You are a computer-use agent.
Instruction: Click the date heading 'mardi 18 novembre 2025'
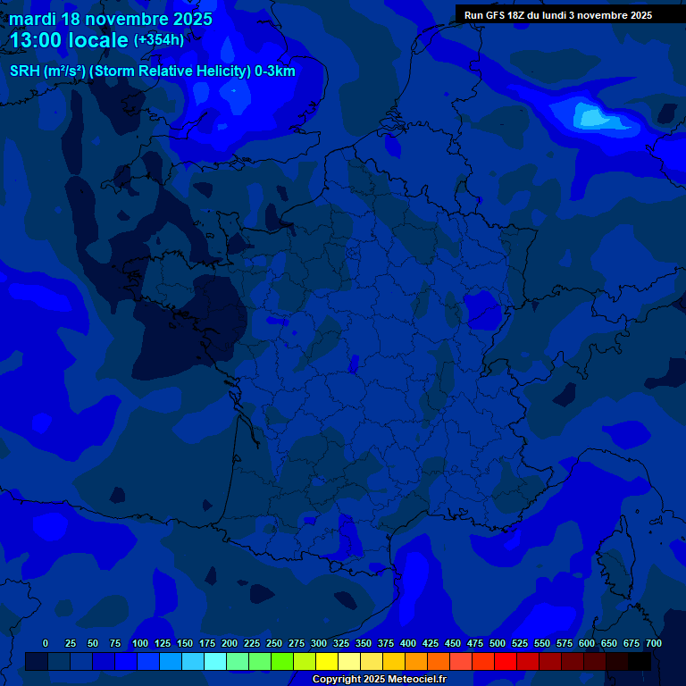click(111, 19)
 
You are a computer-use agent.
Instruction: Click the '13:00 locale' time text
click(70, 41)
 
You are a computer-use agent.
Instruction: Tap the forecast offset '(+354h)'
click(159, 40)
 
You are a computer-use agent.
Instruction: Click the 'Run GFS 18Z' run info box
click(558, 15)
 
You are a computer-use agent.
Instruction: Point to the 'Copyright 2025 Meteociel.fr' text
click(379, 680)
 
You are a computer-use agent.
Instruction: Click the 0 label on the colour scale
click(46, 644)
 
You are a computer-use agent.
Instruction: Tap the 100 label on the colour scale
click(139, 644)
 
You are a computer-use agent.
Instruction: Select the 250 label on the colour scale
click(274, 644)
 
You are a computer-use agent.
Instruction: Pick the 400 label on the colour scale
click(408, 644)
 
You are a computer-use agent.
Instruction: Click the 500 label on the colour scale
click(498, 644)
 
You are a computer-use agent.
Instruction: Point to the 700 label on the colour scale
click(653, 644)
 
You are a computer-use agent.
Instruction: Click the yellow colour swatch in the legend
click(327, 661)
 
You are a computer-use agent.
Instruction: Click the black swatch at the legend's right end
click(640, 661)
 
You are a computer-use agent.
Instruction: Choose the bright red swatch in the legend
click(506, 661)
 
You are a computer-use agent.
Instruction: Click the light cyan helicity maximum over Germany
click(592, 116)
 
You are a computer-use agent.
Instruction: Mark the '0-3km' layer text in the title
click(275, 71)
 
